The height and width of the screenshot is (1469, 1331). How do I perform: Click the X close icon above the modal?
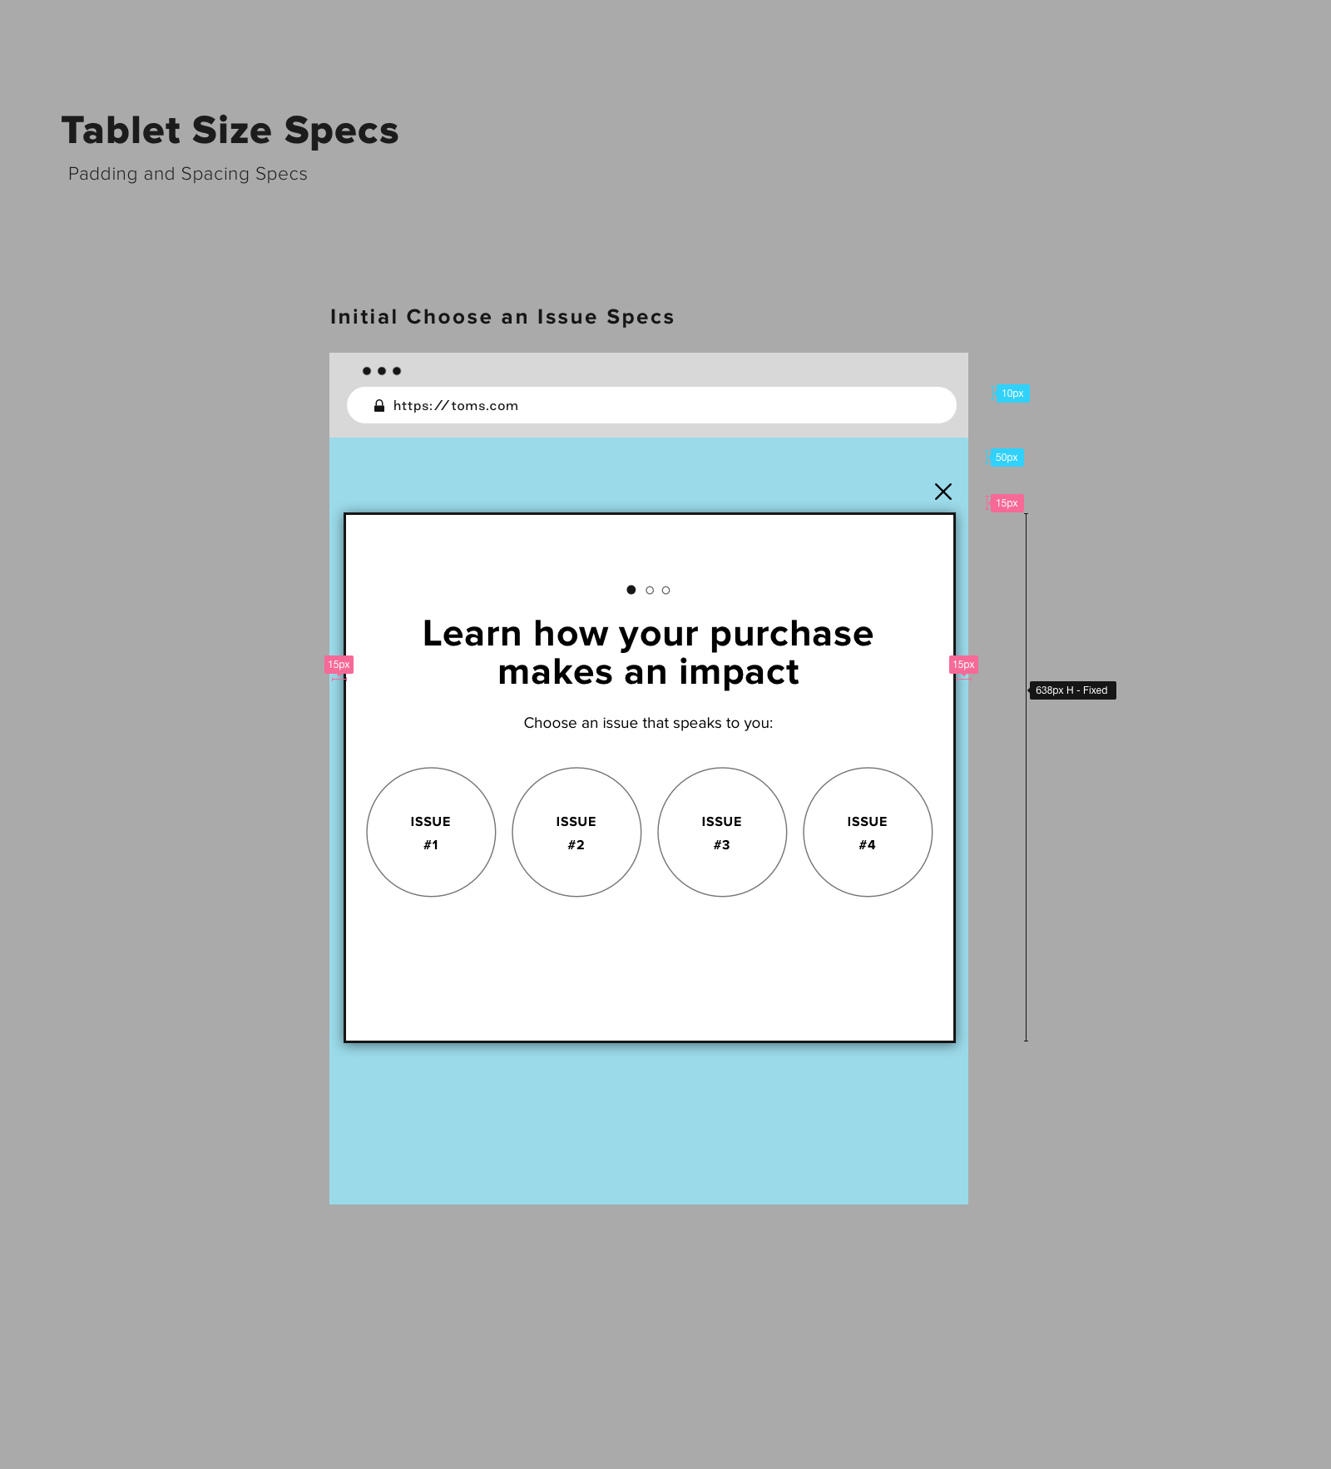[x=943, y=492]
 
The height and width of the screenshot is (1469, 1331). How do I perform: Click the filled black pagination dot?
[x=631, y=590]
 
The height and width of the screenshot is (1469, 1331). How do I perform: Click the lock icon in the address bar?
[x=379, y=406]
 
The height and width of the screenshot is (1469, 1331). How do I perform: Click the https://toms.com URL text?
[x=456, y=406]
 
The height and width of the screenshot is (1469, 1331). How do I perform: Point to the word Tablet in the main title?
[x=121, y=131]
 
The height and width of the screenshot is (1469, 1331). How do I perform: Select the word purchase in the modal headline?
[x=791, y=634]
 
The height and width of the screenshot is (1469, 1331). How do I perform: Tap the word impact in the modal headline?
[x=739, y=672]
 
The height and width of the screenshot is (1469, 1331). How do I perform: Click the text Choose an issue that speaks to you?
[x=648, y=723]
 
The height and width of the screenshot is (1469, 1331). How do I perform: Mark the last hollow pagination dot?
[x=665, y=591]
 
